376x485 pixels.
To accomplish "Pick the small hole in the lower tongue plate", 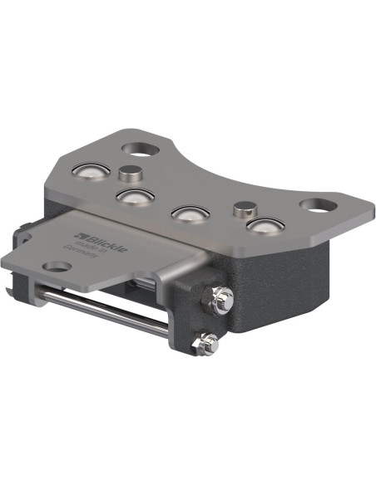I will point(57,267).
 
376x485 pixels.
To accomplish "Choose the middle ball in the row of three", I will point(189,213).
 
